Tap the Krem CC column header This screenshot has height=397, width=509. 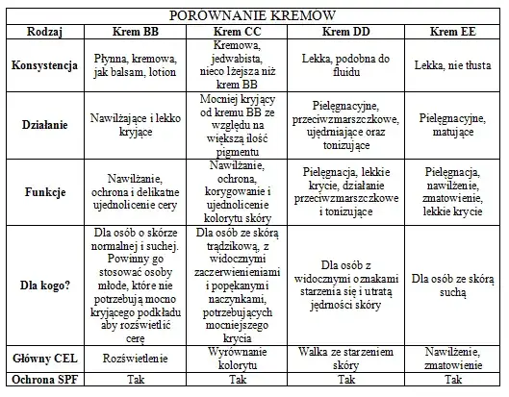(240, 32)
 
